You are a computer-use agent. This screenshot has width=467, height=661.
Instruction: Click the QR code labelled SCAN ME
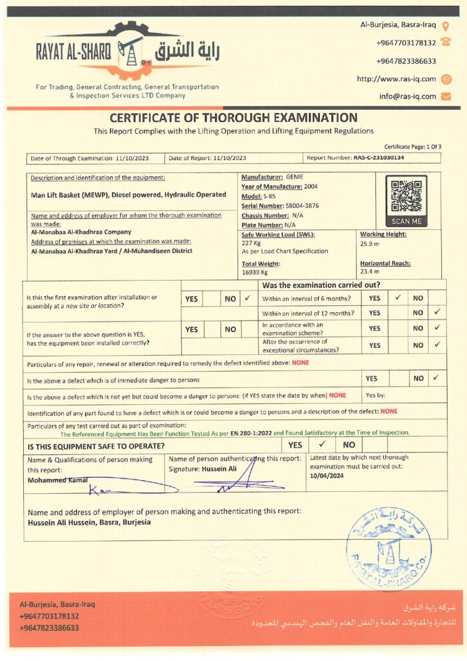point(406,196)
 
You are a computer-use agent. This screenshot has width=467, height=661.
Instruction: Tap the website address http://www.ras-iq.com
point(396,79)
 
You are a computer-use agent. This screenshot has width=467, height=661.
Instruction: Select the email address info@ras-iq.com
point(407,96)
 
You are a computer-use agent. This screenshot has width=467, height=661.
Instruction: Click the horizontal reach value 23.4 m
point(370,272)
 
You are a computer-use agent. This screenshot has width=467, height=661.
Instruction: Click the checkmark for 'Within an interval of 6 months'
point(398,298)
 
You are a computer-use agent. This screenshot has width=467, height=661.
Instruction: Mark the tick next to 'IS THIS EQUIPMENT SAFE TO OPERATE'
point(321,444)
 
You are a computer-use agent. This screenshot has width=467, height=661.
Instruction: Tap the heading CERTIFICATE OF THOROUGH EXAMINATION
point(233,117)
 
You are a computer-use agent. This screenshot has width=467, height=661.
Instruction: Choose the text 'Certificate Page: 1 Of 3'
point(412,147)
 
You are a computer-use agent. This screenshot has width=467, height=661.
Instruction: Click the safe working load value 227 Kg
point(252,244)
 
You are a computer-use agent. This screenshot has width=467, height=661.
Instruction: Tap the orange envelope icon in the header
point(446,96)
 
